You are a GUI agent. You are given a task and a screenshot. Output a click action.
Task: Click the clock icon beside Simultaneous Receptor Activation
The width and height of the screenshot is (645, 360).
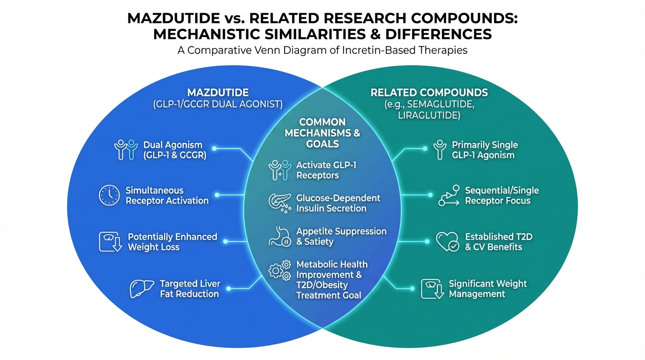[109, 195]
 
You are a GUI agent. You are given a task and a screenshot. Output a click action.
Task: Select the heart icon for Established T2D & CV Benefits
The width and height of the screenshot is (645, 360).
[447, 241]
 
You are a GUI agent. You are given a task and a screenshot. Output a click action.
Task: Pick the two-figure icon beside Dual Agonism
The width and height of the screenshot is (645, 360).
[126, 150]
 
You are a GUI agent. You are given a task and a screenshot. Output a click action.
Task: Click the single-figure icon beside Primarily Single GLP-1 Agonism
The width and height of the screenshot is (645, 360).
[439, 150]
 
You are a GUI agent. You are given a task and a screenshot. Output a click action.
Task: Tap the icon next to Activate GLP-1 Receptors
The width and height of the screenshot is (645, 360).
[279, 170]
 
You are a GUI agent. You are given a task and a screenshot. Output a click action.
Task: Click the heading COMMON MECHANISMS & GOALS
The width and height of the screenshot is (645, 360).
[322, 133]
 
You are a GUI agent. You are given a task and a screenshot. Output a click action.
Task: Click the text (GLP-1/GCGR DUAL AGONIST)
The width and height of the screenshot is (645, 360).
[217, 105]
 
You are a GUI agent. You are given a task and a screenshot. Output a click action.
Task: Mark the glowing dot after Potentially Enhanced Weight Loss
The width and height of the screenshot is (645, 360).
[225, 241]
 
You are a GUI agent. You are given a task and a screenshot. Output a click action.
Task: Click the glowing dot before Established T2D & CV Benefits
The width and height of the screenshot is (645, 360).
[426, 241]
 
